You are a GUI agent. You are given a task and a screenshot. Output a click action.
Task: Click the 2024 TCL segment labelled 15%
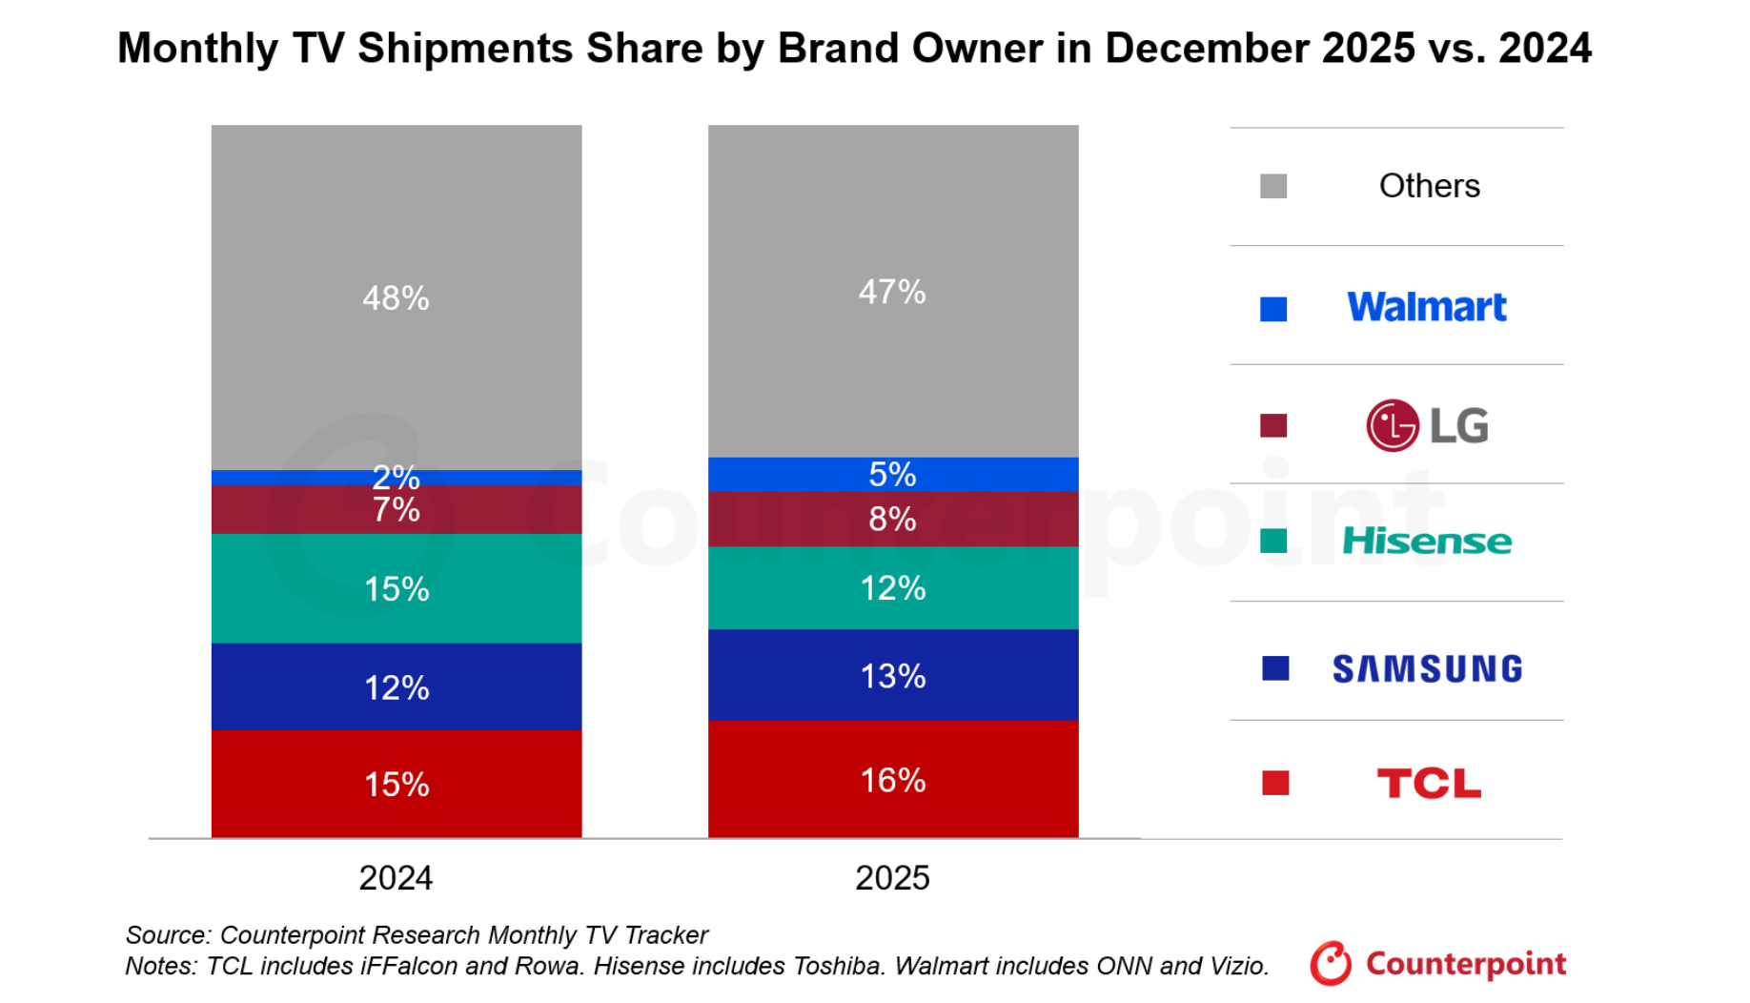click(x=397, y=784)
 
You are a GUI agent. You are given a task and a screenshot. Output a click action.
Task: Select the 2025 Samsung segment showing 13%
click(x=893, y=675)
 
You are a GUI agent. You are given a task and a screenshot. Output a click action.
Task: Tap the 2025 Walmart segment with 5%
click(x=893, y=474)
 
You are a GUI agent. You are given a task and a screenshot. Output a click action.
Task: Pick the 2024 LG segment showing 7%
click(x=397, y=510)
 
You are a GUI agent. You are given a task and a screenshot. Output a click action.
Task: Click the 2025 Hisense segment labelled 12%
click(x=893, y=588)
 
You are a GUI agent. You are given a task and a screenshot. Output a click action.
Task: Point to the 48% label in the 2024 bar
click(x=397, y=298)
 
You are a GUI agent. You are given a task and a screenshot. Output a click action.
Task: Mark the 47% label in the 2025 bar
click(x=892, y=292)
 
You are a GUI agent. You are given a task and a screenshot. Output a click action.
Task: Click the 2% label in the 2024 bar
click(x=397, y=476)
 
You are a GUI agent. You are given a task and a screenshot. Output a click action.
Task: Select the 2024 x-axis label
click(x=396, y=878)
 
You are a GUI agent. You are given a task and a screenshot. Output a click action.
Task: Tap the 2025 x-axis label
click(x=892, y=878)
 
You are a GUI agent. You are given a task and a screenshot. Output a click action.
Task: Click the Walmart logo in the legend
click(x=1427, y=307)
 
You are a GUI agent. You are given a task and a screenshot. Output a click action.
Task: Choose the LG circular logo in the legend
click(x=1393, y=425)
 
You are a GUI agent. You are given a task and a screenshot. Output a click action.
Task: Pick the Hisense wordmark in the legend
click(x=1427, y=542)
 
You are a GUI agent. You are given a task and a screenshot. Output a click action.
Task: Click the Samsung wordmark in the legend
click(x=1427, y=669)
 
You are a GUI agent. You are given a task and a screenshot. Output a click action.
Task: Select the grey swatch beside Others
click(x=1273, y=186)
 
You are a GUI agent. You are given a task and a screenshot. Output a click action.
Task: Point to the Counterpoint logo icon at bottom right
click(x=1331, y=964)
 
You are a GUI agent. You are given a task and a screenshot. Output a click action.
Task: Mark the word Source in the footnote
click(x=168, y=934)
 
